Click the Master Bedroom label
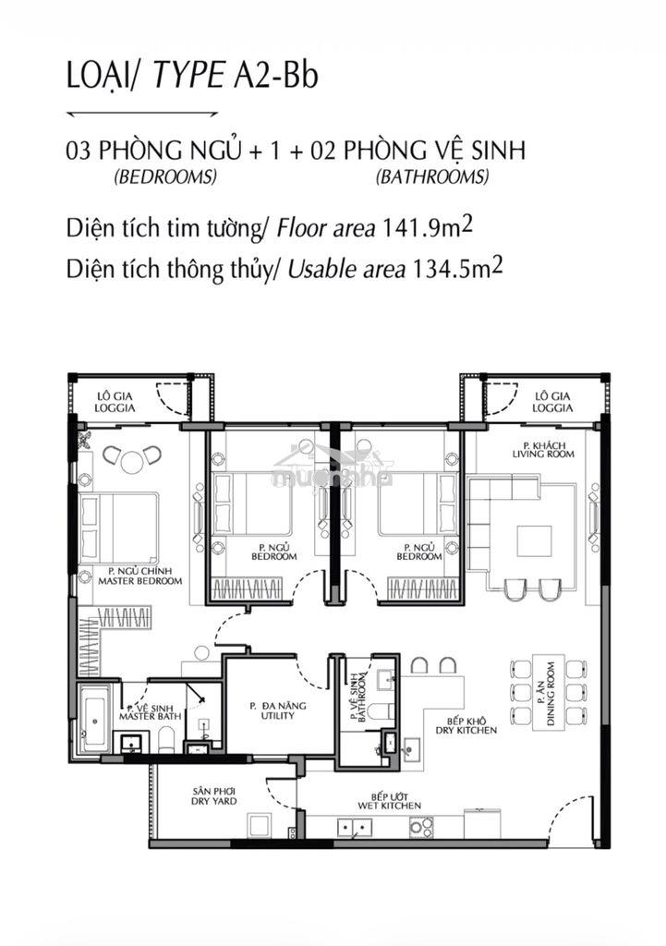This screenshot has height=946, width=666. pos(139,576)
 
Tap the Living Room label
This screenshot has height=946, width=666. pos(543,450)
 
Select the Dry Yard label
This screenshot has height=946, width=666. pos(214,795)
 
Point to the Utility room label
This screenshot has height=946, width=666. pos(277,710)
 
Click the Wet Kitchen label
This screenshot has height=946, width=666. pos(389,801)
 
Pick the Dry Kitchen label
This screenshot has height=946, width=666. pos(466,725)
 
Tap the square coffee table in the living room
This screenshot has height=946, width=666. pos(534,541)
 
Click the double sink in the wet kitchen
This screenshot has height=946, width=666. pos(354,827)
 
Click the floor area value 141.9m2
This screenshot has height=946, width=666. pos(427,228)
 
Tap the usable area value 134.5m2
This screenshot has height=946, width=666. pos(456,269)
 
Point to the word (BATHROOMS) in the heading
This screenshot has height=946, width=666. pos(432,176)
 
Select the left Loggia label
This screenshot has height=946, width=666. pos(115,402)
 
